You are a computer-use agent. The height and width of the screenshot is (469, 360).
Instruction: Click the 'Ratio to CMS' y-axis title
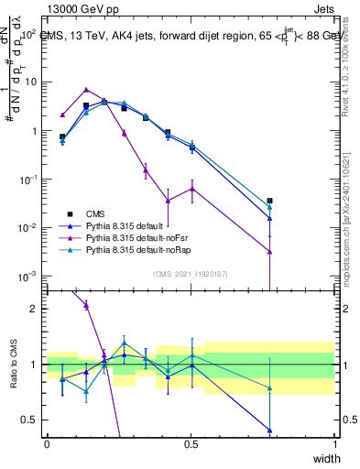pos(13,365)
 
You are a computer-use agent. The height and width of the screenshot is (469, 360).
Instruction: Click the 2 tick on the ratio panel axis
pos(34,309)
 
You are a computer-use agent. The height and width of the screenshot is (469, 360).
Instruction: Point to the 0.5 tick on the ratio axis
pos(30,420)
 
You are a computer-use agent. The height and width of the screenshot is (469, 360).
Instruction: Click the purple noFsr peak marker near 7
pos(86,90)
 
